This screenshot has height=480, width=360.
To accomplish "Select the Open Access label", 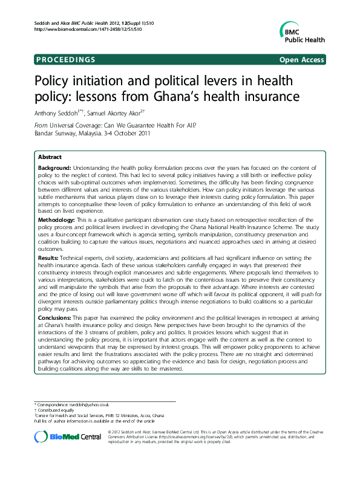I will [x=302, y=60].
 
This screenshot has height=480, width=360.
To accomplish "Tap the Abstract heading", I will [x=49, y=157].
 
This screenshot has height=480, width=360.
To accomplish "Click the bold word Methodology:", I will [x=57, y=227].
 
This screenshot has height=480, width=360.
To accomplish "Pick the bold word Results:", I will [x=49, y=275].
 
